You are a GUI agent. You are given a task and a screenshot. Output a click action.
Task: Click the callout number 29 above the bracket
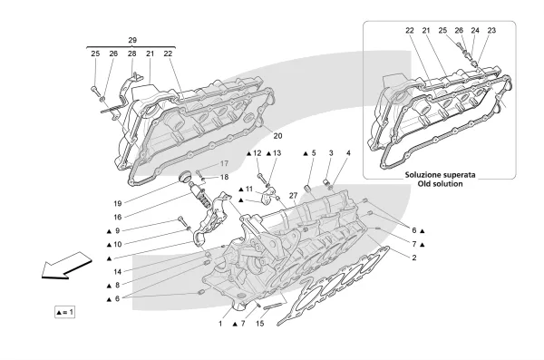tap(132, 40)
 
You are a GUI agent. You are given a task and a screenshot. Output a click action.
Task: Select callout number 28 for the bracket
tap(131, 54)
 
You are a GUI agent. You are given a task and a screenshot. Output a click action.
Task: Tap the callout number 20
tap(277, 136)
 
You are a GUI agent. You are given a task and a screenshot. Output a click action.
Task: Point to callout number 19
tap(118, 203)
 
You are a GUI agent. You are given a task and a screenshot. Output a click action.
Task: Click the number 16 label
tap(118, 217)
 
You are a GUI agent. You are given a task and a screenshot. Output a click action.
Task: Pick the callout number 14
tap(118, 271)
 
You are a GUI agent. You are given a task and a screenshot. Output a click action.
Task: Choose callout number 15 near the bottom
tap(260, 324)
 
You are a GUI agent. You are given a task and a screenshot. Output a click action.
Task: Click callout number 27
tap(293, 196)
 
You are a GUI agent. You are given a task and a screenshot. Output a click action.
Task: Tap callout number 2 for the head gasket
tap(414, 258)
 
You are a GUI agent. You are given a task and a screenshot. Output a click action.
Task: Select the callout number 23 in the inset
tap(491, 31)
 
